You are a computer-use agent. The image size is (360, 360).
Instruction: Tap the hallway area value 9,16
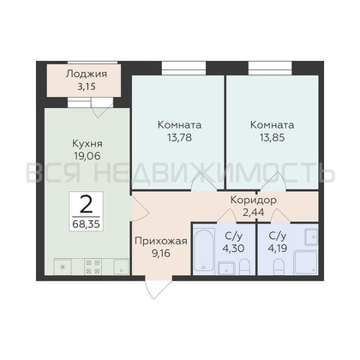[x=156, y=254]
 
